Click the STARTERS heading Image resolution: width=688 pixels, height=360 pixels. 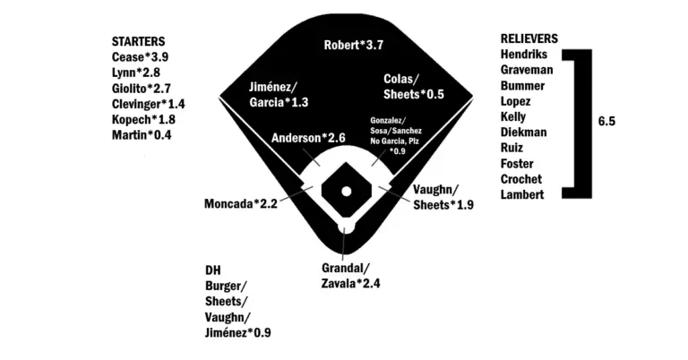pyautogui.click(x=138, y=41)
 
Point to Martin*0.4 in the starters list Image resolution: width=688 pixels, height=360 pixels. pyautogui.click(x=142, y=135)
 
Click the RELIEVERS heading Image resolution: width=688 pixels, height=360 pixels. pyautogui.click(x=529, y=39)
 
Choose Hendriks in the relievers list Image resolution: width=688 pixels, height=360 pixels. pyautogui.click(x=525, y=55)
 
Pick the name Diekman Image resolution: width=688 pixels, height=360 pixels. pyautogui.click(x=525, y=132)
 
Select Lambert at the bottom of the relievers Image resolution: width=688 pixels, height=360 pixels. pyautogui.click(x=523, y=194)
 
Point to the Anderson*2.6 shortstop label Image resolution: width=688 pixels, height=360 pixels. pyautogui.click(x=308, y=138)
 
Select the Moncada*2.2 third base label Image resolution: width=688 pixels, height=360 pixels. pyautogui.click(x=241, y=204)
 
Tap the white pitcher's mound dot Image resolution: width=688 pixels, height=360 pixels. pyautogui.click(x=345, y=191)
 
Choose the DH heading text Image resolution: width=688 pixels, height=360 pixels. pyautogui.click(x=213, y=270)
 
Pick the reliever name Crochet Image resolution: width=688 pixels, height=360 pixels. pyautogui.click(x=524, y=179)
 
